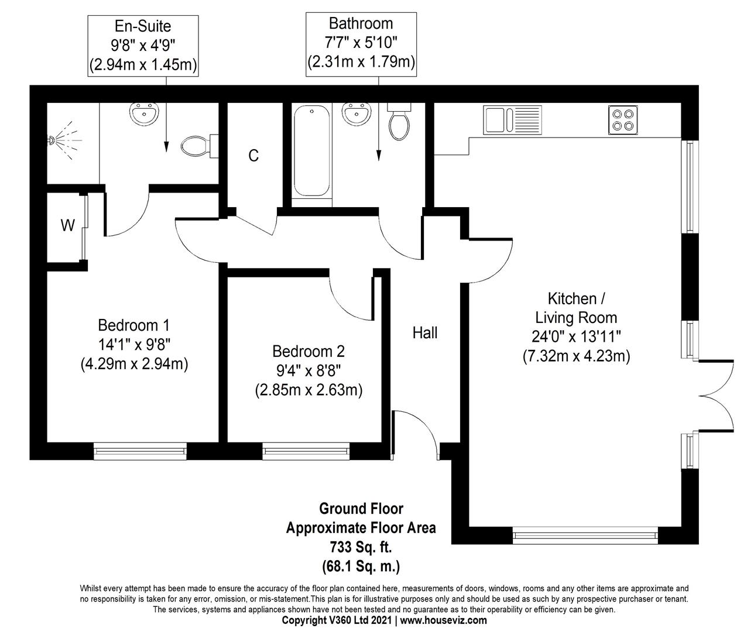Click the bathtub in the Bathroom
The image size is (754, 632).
pyautogui.click(x=311, y=150)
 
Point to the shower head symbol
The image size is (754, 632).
pyautogui.click(x=64, y=140)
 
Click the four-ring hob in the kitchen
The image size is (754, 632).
pyautogui.click(x=623, y=120)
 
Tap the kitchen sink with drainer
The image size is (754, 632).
pyautogui.click(x=512, y=120)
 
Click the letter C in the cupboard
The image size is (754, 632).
pyautogui.click(x=253, y=156)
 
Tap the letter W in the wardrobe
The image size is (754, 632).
pyautogui.click(x=67, y=225)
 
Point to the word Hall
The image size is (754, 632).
pyautogui.click(x=424, y=333)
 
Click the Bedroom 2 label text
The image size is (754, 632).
pyautogui.click(x=309, y=351)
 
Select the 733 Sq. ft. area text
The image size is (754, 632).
pyautogui.click(x=361, y=548)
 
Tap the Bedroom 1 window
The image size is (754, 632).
pyautogui.click(x=140, y=451)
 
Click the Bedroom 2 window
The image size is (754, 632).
pyautogui.click(x=306, y=451)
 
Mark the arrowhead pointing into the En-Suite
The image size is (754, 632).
pyautogui.click(x=166, y=147)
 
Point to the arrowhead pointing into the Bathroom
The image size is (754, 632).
pyautogui.click(x=378, y=156)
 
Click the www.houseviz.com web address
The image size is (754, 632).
pyautogui.click(x=444, y=620)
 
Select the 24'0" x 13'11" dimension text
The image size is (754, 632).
pyautogui.click(x=576, y=336)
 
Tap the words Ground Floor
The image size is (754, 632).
pyautogui.click(x=361, y=509)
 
